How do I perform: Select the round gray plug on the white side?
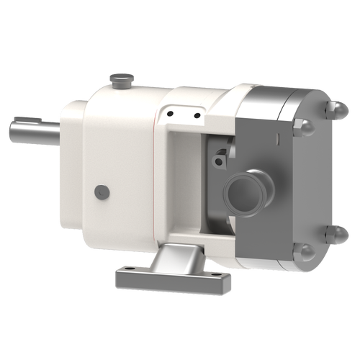pyautogui.click(x=102, y=192)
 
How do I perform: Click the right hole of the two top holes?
pyautogui.click(x=195, y=115)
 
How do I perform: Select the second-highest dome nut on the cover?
pyautogui.click(x=303, y=128)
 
